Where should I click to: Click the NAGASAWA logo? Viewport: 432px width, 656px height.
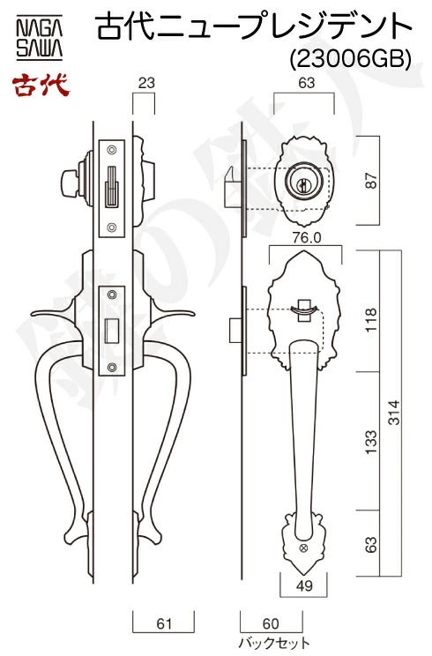[40, 37]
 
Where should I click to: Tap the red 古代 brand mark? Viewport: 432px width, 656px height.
[41, 86]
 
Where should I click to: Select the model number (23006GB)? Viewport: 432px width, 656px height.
[351, 59]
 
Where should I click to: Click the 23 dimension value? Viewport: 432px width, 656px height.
[146, 83]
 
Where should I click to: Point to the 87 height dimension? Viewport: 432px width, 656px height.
[371, 180]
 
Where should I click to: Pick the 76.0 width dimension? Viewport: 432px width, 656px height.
[306, 238]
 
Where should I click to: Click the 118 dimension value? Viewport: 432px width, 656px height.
[371, 319]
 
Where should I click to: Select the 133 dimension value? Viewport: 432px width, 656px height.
[371, 442]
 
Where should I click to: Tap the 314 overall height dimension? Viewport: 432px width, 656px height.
[394, 413]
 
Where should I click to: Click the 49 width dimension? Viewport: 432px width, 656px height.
[304, 585]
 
